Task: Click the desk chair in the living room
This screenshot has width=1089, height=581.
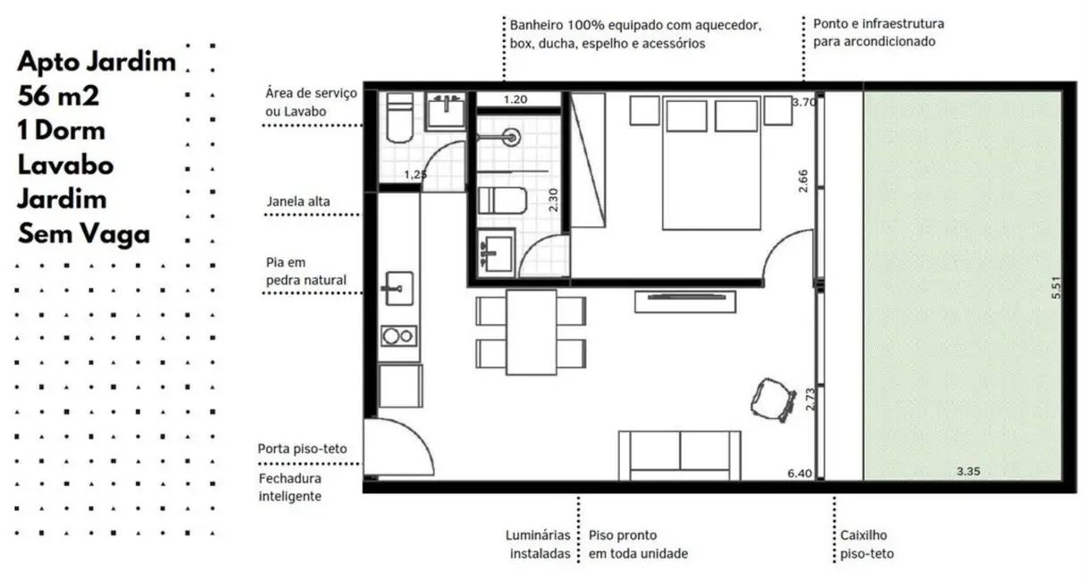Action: click(x=773, y=399)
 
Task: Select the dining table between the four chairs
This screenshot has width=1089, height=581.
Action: click(x=531, y=332)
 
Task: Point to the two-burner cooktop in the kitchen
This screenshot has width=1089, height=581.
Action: click(x=398, y=336)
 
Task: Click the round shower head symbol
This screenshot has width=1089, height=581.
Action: click(x=511, y=138)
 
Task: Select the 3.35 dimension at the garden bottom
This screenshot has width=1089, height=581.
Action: click(x=968, y=471)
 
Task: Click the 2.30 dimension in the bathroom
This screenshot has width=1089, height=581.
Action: click(x=554, y=198)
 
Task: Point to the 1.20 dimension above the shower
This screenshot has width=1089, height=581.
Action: click(x=515, y=99)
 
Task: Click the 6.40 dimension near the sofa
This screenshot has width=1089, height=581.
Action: click(x=800, y=474)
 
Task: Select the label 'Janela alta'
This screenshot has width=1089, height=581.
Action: click(x=297, y=202)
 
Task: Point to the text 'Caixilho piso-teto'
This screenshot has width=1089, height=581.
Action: click(x=867, y=544)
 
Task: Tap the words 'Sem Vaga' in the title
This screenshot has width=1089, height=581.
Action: click(x=83, y=234)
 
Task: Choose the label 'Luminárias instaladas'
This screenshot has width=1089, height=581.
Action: click(x=538, y=544)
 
